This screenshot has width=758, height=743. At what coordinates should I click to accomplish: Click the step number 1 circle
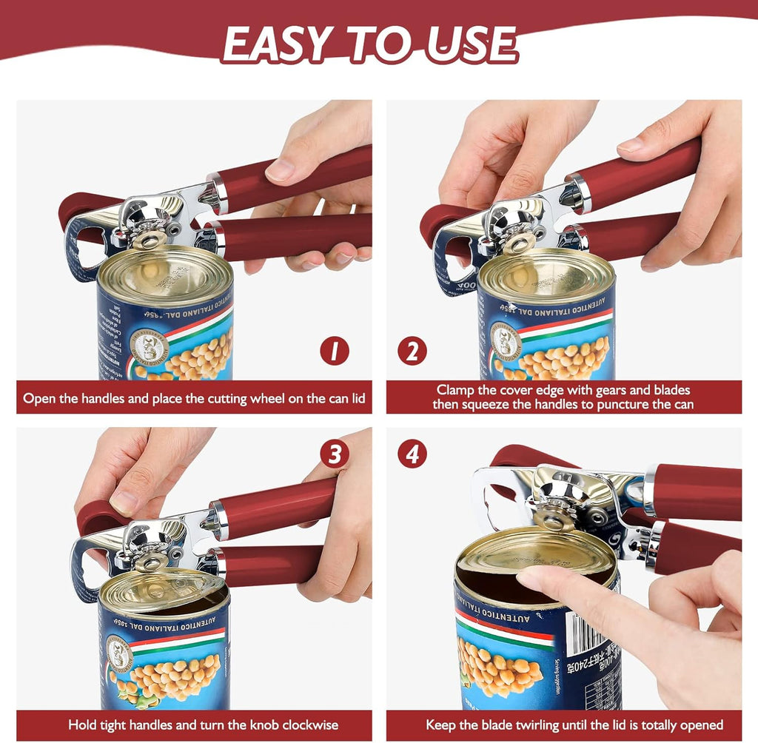point(334,351)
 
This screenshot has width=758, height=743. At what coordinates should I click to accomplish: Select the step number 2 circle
point(412,351)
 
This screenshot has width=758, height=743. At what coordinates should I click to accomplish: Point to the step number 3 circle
point(334,454)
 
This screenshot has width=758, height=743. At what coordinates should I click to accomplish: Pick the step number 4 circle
point(412,454)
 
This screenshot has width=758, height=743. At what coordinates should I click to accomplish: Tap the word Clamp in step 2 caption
point(455,390)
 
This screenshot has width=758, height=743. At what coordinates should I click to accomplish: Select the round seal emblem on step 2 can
point(506,341)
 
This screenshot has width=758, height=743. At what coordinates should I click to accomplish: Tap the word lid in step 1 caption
point(356,398)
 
